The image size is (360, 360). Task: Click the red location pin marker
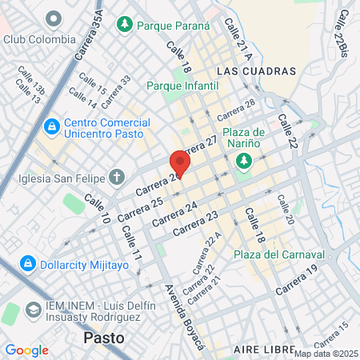180,164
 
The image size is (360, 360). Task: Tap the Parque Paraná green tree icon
124,26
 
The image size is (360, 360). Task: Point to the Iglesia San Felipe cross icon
116,177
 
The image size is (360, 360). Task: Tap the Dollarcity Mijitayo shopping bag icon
26,262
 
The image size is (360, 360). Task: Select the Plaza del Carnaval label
279,254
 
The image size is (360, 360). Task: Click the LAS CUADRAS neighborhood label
256,71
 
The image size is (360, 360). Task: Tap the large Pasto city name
104,338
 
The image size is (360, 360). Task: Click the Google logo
26,350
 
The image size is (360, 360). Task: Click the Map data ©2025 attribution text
326,354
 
